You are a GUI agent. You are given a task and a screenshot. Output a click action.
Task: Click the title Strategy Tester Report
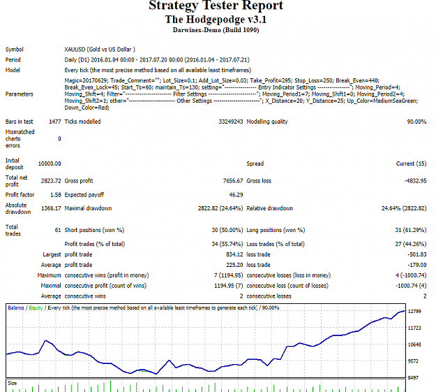click(x=216, y=5)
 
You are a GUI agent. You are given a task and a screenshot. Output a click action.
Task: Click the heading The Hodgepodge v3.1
click(x=216, y=20)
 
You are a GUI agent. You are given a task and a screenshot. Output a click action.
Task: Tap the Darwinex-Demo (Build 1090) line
click(x=216, y=30)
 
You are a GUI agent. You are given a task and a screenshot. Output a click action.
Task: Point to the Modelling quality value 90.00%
click(x=416, y=122)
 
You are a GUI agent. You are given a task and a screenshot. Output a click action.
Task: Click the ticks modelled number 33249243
click(x=230, y=122)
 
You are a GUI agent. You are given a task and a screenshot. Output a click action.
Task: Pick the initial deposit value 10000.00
click(x=50, y=164)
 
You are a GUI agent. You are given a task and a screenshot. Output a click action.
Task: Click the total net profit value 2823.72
click(x=51, y=181)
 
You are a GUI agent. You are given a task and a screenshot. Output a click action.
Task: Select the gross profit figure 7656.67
click(x=233, y=181)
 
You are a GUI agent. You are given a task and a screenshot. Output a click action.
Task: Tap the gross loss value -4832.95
click(x=416, y=181)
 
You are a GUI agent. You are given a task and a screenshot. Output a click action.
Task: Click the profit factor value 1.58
click(x=56, y=195)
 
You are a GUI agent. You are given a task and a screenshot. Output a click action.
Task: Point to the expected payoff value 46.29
click(x=236, y=195)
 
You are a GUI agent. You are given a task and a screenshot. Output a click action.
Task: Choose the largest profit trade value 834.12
click(x=234, y=254)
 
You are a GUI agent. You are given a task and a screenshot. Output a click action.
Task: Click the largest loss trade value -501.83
click(x=416, y=254)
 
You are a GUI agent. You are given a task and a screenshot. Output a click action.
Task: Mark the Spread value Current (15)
click(x=411, y=164)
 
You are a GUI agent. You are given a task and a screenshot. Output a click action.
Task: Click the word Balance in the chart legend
click(x=16, y=308)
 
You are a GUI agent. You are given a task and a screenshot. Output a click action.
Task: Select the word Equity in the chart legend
click(x=36, y=308)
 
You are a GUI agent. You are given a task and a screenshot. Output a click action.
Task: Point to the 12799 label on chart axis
click(x=414, y=312)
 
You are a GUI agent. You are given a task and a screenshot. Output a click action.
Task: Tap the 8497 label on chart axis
click(x=413, y=378)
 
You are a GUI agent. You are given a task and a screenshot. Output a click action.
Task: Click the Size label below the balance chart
click(x=12, y=384)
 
